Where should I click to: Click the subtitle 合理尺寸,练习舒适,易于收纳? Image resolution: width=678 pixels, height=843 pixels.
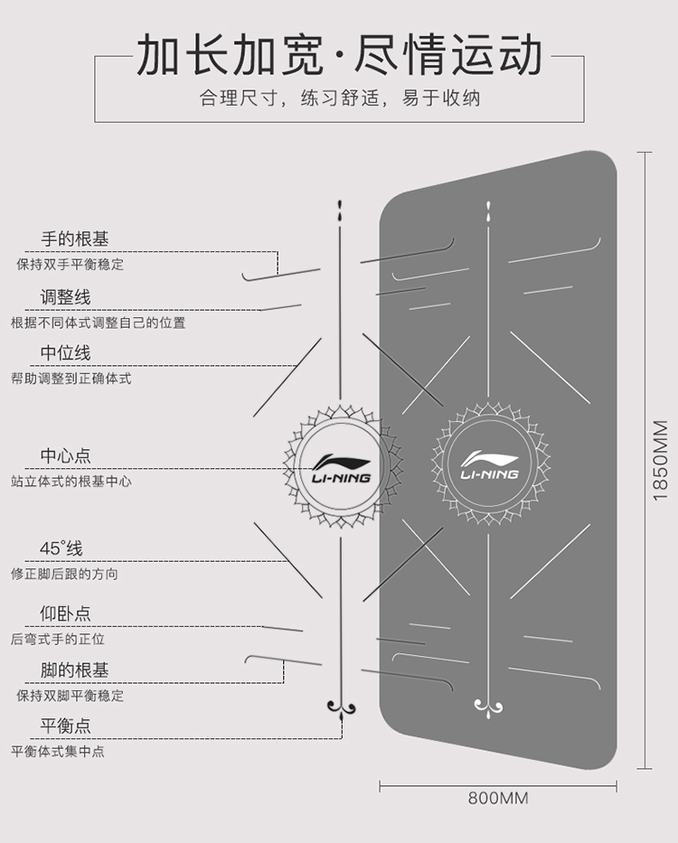pos(339,98)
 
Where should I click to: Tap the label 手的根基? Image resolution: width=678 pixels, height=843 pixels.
pos(75,239)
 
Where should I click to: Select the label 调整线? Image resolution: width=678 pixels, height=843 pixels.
pos(65,297)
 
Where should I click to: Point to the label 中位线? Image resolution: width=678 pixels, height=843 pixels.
pos(65,353)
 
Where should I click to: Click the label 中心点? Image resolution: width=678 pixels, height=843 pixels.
pos(65,456)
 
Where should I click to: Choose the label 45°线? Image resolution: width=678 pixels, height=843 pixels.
pos(61,548)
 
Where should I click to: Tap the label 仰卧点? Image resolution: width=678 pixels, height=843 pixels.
pos(65,614)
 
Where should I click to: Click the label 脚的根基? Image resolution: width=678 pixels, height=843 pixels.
pos(75,670)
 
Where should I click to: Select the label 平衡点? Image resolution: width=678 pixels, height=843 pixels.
pos(65,726)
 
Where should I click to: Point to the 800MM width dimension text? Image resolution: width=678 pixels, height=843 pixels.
pos(498,799)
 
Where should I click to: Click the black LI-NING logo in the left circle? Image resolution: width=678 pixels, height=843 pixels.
pos(341,466)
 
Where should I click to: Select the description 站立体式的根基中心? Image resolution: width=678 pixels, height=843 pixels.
pos(71,482)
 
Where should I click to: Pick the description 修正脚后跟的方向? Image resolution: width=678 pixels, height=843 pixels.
pos(64,574)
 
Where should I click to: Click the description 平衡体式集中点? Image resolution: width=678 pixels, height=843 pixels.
pos(58,751)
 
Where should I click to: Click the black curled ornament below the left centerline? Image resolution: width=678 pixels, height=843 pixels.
pos(341,706)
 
